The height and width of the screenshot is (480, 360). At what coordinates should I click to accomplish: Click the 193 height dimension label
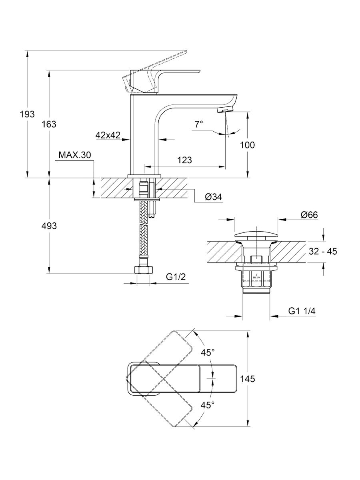point(28,114)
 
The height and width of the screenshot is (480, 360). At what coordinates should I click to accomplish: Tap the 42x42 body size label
point(108,135)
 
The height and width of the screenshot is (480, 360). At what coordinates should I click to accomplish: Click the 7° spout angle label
point(199,124)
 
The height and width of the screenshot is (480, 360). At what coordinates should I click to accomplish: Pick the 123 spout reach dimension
point(184,160)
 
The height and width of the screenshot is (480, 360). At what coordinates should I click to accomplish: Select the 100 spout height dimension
point(247,145)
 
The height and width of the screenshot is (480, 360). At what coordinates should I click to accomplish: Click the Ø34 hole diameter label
point(213,197)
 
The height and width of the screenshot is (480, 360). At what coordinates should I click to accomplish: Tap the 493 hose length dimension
point(50,226)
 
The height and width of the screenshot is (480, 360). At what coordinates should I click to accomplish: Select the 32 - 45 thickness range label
point(323,252)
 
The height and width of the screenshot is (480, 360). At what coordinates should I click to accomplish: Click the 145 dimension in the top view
point(248,379)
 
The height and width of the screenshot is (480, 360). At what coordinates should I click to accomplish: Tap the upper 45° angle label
point(208,352)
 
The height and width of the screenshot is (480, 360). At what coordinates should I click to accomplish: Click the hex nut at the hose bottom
point(143,270)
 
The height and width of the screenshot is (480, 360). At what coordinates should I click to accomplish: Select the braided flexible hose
point(143,236)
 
